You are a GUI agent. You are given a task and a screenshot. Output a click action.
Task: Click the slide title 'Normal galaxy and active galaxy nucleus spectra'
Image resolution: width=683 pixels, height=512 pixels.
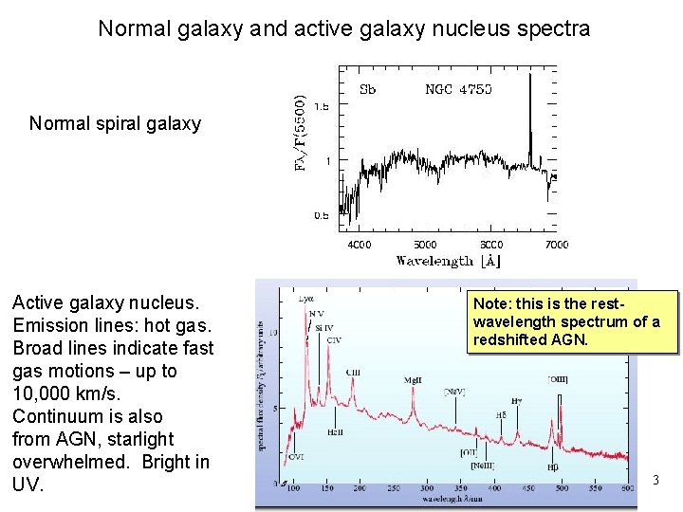click(x=343, y=28)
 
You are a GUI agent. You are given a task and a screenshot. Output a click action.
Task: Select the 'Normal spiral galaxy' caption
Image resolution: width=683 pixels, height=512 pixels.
click(x=115, y=123)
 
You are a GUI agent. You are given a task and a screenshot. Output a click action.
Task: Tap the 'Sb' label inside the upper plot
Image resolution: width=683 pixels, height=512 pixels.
click(x=367, y=90)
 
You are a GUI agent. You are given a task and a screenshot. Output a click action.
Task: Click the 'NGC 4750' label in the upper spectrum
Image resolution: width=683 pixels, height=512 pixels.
click(x=458, y=90)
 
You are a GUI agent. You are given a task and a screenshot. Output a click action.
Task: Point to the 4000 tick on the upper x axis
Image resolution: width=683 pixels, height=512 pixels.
click(x=359, y=245)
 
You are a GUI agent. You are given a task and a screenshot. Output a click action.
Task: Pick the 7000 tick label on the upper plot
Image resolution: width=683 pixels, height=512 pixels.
click(x=557, y=245)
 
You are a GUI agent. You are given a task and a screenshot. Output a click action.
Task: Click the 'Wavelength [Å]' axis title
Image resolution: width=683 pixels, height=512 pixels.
click(x=448, y=261)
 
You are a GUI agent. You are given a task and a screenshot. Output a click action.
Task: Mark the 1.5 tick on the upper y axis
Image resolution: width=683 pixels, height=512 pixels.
click(x=323, y=107)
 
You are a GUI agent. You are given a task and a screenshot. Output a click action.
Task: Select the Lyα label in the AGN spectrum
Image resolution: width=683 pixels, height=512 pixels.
click(x=305, y=300)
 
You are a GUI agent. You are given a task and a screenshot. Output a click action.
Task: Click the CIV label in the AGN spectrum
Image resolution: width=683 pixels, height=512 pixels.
click(x=333, y=339)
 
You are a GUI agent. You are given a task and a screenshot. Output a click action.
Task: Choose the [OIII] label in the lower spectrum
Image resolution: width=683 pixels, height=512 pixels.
click(x=558, y=379)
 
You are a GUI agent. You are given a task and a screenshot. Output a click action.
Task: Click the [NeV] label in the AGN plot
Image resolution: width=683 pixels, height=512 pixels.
click(x=454, y=390)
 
